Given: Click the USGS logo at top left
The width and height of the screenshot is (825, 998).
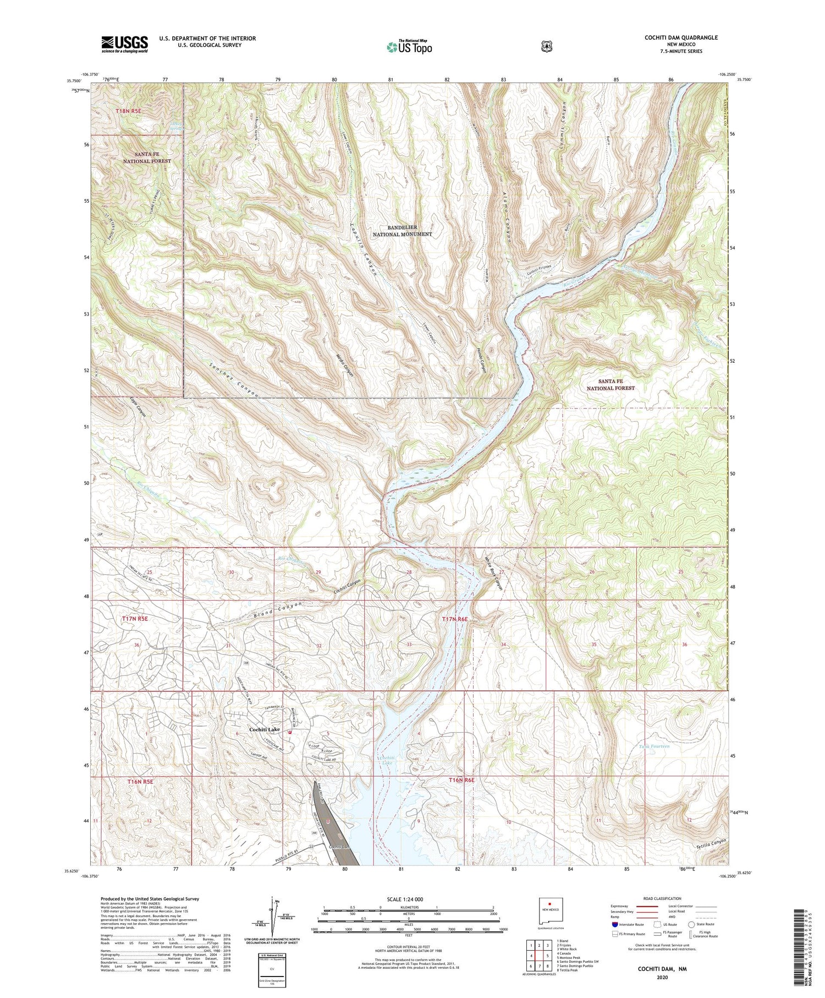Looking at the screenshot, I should click(124, 44).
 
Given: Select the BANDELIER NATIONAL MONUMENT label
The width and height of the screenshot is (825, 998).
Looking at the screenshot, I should click(402, 231).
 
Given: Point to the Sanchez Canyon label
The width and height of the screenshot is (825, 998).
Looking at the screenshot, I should click(234, 380).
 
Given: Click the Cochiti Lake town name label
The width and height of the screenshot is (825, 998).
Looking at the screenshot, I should click(264, 729).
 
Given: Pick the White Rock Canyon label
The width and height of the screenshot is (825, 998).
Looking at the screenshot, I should click(494, 575).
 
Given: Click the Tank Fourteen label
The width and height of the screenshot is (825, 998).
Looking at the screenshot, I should click(654, 746).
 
